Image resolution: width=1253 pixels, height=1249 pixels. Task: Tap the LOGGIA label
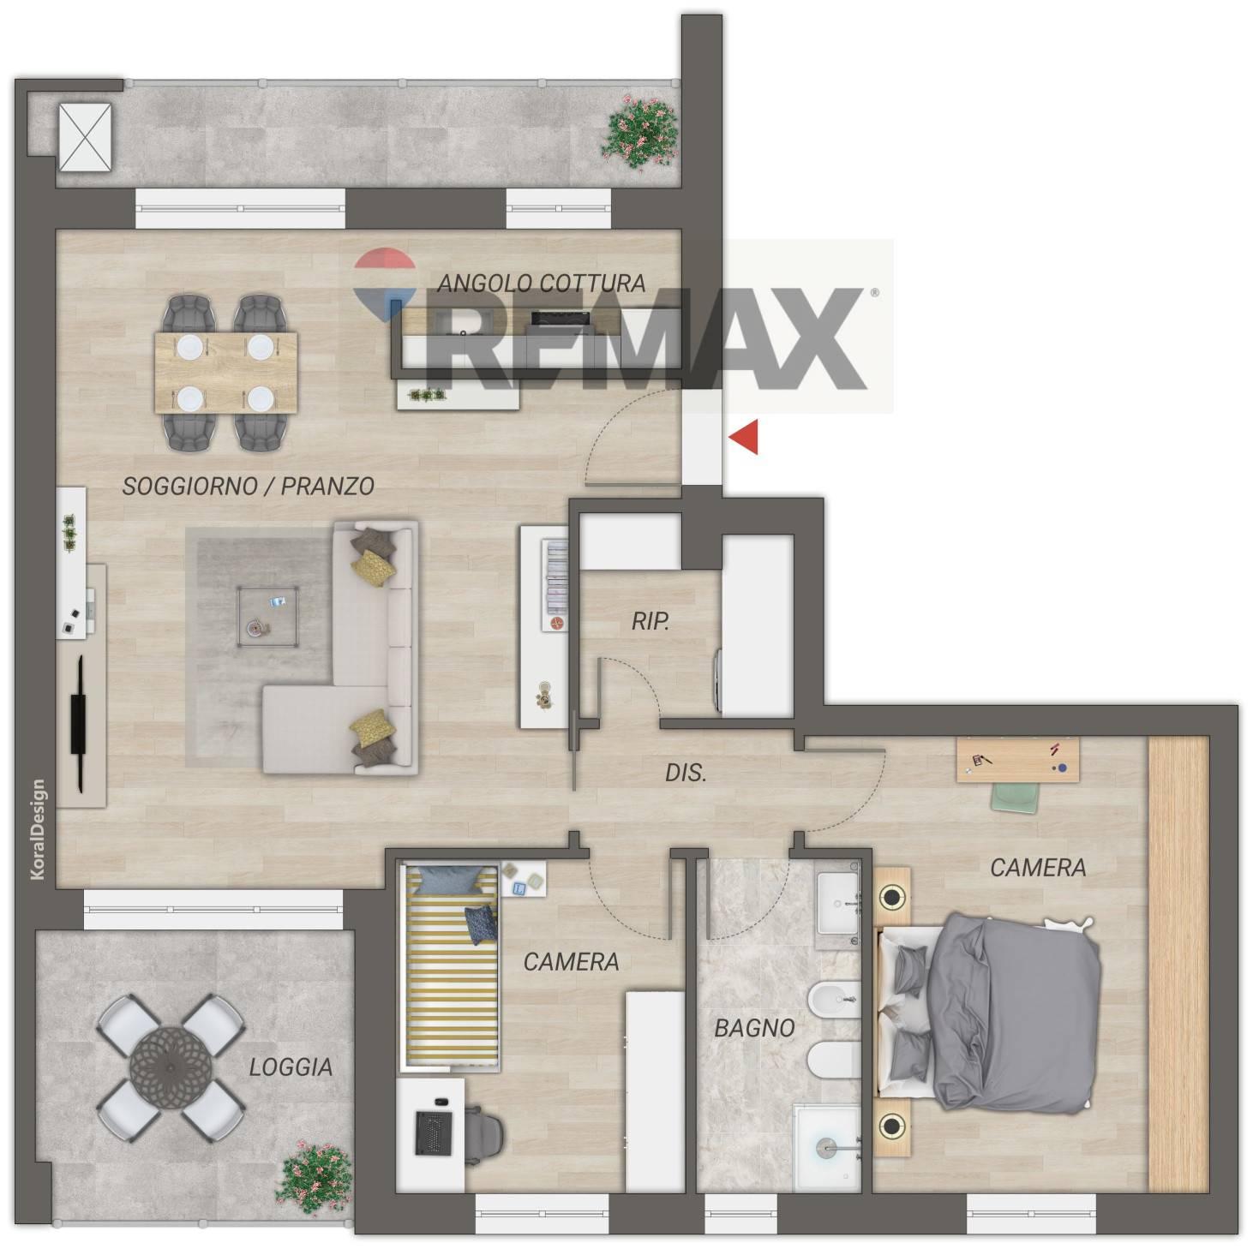tap(291, 1067)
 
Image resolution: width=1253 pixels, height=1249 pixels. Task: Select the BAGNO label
tap(754, 1028)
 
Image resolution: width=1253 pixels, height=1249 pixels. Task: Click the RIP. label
tap(650, 622)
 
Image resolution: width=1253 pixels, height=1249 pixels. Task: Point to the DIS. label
tap(686, 773)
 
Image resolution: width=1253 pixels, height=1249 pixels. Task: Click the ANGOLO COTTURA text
tap(541, 284)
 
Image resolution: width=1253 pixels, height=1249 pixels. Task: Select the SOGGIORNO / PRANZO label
tap(249, 486)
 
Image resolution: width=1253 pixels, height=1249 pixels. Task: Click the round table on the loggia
tap(171, 1067)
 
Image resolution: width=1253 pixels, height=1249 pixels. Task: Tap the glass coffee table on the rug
tap(268, 616)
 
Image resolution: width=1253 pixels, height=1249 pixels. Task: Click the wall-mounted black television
tap(80, 724)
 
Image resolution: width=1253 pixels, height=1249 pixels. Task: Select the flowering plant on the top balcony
tap(640, 132)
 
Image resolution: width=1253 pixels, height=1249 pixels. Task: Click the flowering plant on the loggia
tap(314, 1174)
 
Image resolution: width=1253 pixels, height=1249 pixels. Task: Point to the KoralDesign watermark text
tap(38, 829)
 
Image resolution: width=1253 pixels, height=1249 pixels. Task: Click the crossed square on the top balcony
tap(85, 137)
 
